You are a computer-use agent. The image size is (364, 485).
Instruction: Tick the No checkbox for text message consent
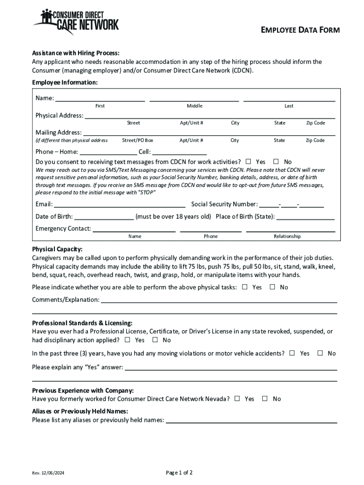(276, 162)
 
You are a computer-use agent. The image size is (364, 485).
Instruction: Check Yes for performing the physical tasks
(245, 287)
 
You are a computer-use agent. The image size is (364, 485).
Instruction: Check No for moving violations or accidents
(320, 353)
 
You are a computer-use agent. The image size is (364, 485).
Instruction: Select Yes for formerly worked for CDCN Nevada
(237, 399)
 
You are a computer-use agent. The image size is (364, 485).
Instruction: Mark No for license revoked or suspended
(155, 340)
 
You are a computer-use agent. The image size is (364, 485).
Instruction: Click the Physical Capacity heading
(57, 249)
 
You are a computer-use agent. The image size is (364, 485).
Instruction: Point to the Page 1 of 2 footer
(179, 472)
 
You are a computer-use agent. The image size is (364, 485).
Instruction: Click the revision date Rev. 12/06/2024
(48, 473)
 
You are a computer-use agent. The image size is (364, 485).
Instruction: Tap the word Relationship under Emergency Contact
(287, 236)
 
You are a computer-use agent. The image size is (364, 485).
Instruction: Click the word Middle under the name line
(194, 106)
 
